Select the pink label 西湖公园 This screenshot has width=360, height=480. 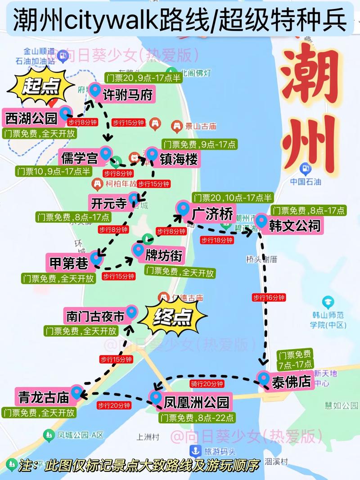pos(31,118)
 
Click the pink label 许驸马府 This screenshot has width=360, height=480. pos(127,95)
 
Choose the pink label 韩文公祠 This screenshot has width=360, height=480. pos(295,225)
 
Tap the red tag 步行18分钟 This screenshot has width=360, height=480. pos(217,241)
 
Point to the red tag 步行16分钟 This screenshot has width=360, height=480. pos(269,297)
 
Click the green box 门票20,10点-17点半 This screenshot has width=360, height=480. pos(232,198)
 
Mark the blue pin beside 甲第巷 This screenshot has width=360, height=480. pos(96,258)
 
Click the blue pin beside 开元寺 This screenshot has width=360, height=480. pos(134,198)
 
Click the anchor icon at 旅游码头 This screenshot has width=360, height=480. pos(196,450)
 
